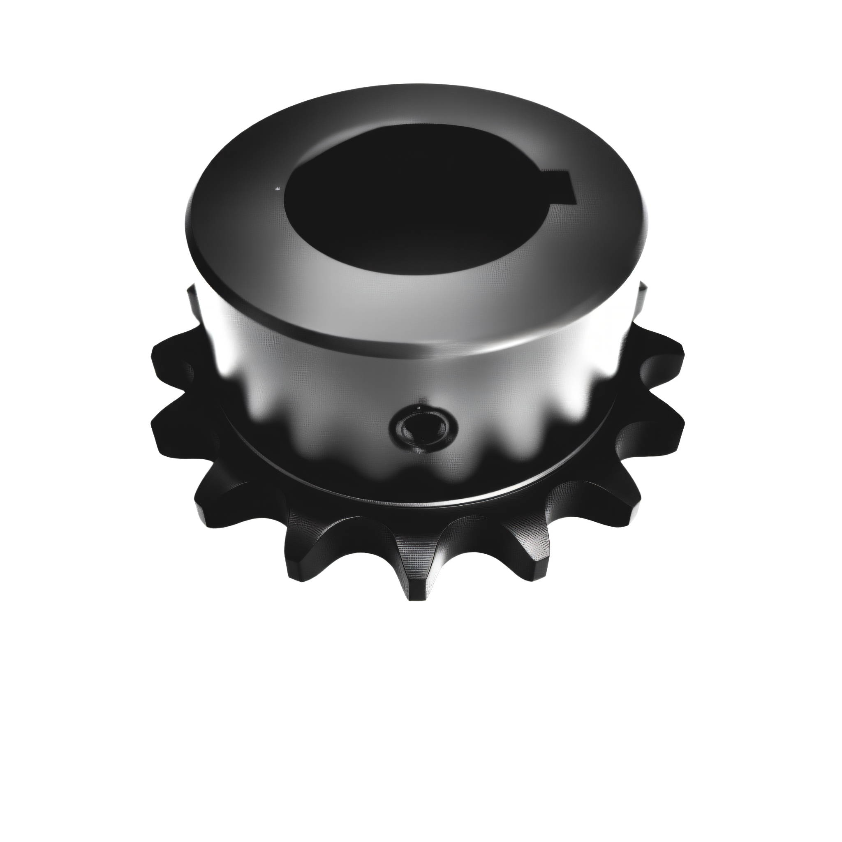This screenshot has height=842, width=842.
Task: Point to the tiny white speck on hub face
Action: pos(277,188)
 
